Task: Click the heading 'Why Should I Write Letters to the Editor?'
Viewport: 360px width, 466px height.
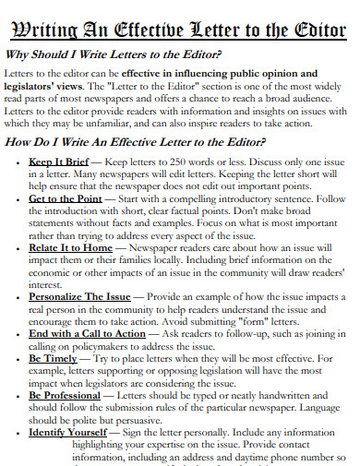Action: [x=126, y=54]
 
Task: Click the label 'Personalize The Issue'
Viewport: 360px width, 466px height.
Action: [x=81, y=296]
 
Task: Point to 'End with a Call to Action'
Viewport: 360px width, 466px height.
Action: [x=87, y=332]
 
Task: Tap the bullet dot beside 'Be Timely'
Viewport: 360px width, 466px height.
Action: [x=18, y=357]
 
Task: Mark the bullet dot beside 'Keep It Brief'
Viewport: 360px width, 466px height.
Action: [x=18, y=161]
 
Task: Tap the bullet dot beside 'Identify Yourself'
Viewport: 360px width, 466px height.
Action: [x=18, y=431]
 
